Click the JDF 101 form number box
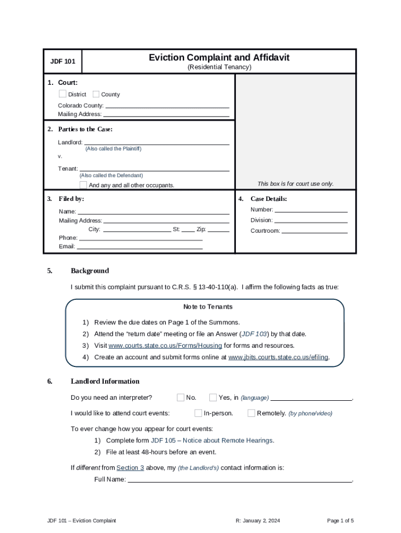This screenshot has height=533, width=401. click(62, 61)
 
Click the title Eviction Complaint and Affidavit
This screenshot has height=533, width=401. click(219, 57)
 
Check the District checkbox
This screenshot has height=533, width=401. click(62, 94)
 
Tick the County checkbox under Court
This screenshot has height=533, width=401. click(96, 94)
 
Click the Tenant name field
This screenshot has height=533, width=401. click(154, 168)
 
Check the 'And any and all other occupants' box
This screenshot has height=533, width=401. click(83, 185)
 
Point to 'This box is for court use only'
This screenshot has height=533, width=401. click(295, 184)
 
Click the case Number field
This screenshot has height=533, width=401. click(311, 209)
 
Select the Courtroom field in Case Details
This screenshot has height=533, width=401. click(314, 230)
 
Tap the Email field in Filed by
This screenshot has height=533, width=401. click(140, 246)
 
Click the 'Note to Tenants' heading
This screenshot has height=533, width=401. click(208, 307)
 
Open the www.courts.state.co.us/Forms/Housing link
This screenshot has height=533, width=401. click(165, 346)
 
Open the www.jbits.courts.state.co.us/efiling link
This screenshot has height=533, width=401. click(278, 357)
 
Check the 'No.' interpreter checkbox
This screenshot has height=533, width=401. click(181, 398)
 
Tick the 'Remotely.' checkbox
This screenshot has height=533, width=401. click(252, 413)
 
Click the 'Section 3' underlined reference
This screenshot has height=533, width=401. click(130, 467)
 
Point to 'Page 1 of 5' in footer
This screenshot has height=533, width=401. click(340, 521)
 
